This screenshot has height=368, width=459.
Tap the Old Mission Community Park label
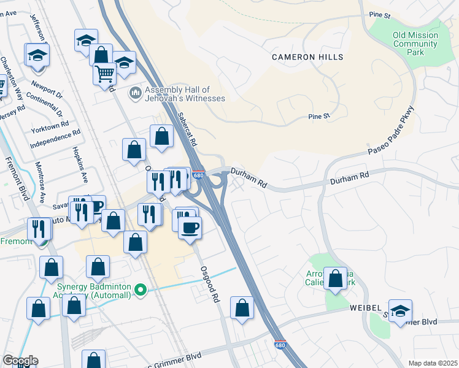415,44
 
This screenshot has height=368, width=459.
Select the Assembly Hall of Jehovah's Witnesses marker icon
135,94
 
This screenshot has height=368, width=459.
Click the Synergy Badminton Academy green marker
141,290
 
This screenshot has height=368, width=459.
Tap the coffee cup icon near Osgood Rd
190,228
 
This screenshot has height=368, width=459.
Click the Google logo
20,361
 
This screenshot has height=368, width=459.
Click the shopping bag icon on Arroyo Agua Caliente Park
335,278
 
